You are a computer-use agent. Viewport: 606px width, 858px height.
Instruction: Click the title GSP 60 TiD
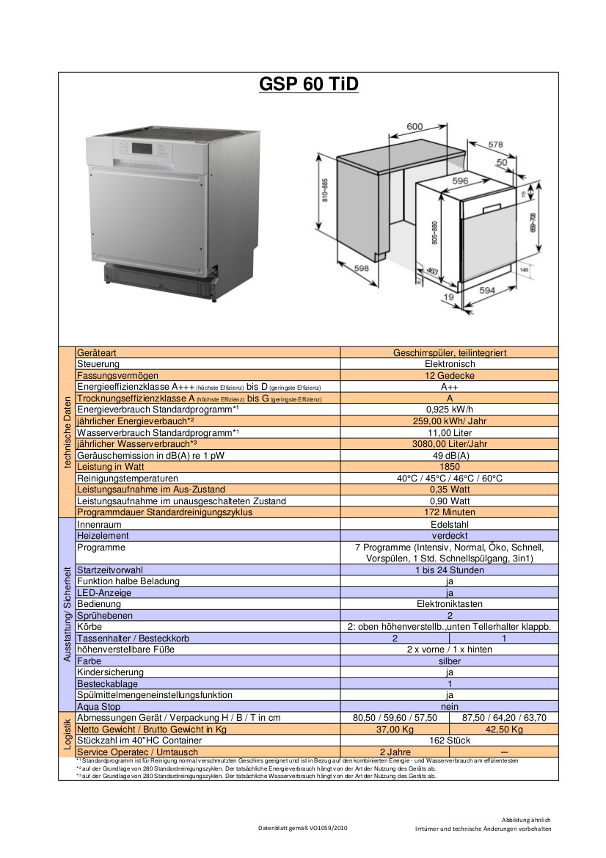(x=309, y=85)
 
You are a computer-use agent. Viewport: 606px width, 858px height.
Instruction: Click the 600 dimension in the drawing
(x=415, y=126)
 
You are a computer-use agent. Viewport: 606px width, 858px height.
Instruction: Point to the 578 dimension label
(x=496, y=145)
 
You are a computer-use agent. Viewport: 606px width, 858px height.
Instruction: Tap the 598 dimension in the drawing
(x=362, y=269)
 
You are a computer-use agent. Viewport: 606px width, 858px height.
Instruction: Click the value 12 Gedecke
(x=450, y=375)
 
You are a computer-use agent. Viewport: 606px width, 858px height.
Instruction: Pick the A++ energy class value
(x=450, y=387)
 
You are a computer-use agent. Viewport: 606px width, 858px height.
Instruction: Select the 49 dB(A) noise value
(x=450, y=455)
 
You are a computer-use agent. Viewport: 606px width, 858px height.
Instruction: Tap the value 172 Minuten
(x=450, y=512)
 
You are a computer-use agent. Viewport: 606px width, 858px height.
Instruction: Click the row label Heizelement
(x=103, y=536)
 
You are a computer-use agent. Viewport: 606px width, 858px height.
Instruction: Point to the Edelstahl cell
(x=450, y=525)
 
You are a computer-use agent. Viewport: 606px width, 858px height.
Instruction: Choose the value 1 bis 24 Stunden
(x=450, y=570)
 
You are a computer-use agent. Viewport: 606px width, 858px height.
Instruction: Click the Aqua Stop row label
(x=98, y=706)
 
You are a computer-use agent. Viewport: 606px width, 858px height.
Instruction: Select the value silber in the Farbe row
(x=450, y=661)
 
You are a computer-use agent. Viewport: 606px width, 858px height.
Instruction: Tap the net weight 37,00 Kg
(x=395, y=729)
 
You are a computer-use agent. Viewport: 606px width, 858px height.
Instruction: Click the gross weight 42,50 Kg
(x=505, y=729)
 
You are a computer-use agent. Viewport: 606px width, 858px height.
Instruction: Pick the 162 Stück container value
(x=450, y=741)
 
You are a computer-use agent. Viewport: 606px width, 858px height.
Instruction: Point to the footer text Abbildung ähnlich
(x=526, y=819)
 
